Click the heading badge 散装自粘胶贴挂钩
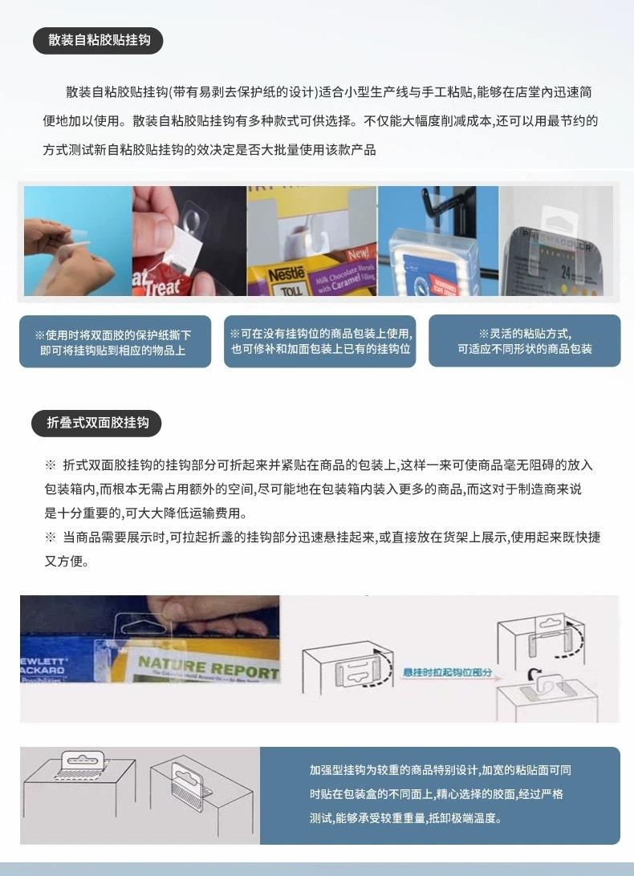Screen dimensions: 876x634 pyautogui.click(x=98, y=40)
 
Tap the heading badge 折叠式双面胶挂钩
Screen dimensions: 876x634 pyautogui.click(x=97, y=422)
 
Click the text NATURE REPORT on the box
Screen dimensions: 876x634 pyautogui.click(x=207, y=666)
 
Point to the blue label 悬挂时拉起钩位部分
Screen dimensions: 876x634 pyautogui.click(x=447, y=672)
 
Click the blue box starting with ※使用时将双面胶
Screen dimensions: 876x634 pyautogui.click(x=115, y=343)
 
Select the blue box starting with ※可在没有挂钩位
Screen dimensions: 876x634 pyautogui.click(x=319, y=341)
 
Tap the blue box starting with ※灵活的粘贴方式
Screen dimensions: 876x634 pyautogui.click(x=524, y=341)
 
